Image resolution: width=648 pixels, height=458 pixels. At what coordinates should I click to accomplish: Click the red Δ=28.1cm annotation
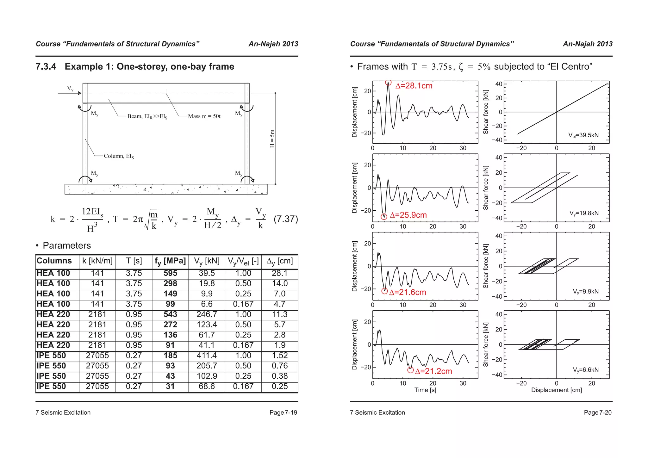[414, 86]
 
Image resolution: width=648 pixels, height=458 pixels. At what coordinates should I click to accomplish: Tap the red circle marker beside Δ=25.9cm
[384, 217]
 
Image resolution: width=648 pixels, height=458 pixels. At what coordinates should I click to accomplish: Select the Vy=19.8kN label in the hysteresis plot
[584, 213]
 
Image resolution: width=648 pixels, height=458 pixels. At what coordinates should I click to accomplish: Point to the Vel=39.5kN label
[583, 135]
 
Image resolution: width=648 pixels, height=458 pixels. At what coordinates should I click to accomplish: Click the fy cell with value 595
[170, 273]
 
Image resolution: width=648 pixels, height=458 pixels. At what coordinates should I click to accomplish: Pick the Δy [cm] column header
[280, 261]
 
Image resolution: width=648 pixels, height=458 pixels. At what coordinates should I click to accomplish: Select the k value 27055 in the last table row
[97, 387]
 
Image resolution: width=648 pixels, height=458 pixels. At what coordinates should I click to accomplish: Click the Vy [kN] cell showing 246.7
[207, 314]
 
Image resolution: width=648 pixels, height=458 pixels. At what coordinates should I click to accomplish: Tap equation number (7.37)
[286, 219]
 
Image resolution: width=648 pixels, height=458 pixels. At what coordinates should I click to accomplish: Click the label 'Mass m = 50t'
[204, 116]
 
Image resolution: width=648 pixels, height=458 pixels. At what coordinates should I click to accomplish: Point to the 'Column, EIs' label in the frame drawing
[119, 156]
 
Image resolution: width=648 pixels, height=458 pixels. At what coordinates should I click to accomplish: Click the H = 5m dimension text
[272, 139]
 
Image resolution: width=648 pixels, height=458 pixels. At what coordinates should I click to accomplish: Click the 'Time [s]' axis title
[425, 390]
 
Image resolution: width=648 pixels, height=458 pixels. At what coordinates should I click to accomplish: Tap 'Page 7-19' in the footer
[283, 412]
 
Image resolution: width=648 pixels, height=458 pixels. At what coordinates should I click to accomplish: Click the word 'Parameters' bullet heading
[67, 245]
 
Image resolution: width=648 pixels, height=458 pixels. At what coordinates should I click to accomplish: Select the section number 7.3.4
[46, 67]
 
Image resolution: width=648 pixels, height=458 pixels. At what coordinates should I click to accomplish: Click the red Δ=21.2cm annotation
[433, 371]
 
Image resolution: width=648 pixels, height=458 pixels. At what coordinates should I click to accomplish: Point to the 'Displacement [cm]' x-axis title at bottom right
[556, 390]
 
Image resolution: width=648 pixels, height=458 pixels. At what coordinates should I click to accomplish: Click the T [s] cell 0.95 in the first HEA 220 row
[134, 314]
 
